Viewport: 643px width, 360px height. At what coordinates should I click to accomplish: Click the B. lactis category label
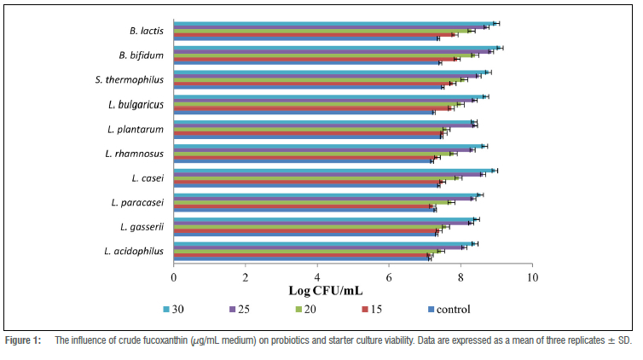tap(147, 31)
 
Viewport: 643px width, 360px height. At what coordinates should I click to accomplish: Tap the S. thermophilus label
tap(130, 80)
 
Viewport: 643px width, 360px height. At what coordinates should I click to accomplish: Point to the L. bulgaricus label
tap(136, 104)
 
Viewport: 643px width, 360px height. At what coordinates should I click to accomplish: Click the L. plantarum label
tap(136, 129)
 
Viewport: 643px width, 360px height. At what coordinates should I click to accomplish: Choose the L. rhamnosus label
tap(134, 154)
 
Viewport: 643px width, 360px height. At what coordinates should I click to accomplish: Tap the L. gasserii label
tap(141, 226)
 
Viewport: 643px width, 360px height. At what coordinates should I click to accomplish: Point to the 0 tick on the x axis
tap(174, 278)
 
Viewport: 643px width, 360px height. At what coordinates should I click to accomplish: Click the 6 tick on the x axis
tap(389, 278)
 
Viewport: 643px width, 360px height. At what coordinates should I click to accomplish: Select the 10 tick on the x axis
tap(532, 278)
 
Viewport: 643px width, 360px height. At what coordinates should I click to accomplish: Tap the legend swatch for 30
tap(166, 310)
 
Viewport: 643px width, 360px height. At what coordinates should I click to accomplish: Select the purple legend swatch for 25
tap(235, 310)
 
